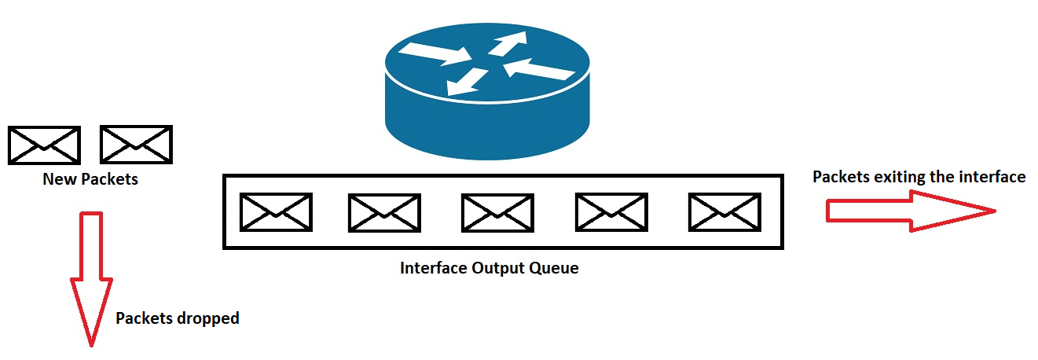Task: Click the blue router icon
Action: [x=487, y=93]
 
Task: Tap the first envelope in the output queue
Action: [x=276, y=212]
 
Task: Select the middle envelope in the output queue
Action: [x=497, y=213]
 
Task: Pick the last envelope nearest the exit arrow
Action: [x=724, y=212]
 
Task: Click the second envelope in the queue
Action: [x=384, y=213]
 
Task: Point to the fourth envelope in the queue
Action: [x=611, y=212]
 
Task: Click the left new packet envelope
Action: [x=44, y=145]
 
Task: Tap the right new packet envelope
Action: [x=136, y=145]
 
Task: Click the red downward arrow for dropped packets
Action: [x=91, y=279]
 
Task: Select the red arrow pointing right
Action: [x=911, y=211]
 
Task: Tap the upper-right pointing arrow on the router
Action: [x=508, y=43]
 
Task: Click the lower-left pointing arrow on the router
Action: [x=467, y=82]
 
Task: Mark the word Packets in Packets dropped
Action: [x=144, y=318]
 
